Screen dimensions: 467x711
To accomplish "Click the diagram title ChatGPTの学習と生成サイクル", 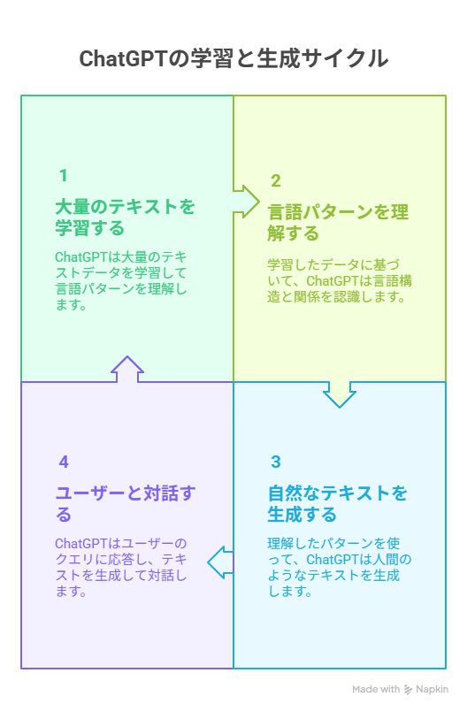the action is click(233, 58).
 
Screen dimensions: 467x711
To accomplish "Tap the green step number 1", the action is click(63, 175).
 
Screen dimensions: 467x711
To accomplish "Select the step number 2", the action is click(276, 180).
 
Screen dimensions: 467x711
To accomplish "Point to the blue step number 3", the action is click(276, 462).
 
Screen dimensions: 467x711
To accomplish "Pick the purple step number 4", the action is click(64, 462).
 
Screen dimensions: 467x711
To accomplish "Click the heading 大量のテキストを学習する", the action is click(125, 218).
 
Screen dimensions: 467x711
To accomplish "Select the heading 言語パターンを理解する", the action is click(338, 223).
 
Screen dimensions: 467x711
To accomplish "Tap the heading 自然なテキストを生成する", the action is click(337, 504).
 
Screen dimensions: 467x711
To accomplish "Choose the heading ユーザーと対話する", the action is click(126, 504).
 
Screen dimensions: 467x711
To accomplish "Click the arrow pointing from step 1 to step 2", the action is click(247, 202).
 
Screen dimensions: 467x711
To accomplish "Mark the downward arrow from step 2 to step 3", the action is click(339, 394).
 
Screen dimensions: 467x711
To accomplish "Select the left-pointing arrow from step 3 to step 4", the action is click(221, 562).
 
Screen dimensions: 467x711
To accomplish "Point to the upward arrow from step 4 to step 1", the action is click(127, 369).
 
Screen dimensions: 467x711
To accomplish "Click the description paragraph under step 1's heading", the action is click(121, 281).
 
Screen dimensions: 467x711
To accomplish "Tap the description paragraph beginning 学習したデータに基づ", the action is click(340, 280).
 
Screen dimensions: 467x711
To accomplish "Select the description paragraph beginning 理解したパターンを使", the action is click(340, 567).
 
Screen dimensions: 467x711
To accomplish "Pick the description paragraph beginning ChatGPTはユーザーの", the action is click(121, 567).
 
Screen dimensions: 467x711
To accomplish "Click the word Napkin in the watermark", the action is click(433, 689).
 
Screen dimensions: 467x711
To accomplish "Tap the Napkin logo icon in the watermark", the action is click(408, 690).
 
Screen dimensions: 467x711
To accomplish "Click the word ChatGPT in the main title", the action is click(124, 59).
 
